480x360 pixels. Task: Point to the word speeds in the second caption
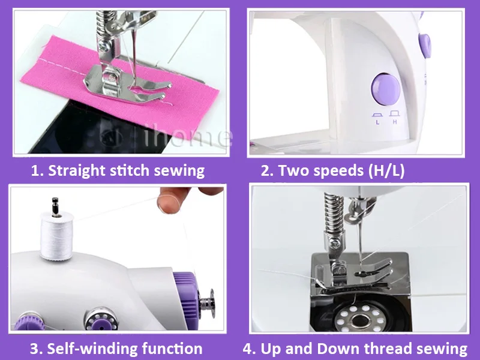coord(334,170)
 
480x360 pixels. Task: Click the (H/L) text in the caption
coord(385,170)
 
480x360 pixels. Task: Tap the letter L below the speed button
coord(377,122)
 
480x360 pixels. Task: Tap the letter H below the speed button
coord(395,121)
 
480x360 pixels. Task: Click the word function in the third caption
coord(172,348)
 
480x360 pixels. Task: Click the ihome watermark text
coord(189,137)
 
